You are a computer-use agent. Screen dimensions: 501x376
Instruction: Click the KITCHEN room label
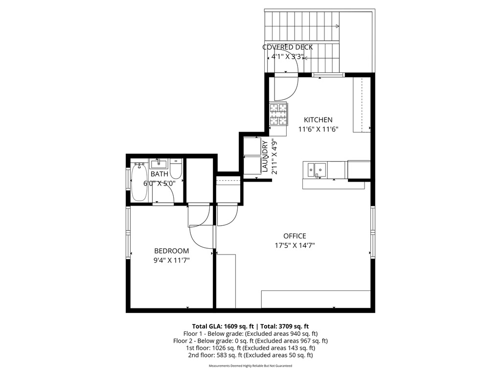318,120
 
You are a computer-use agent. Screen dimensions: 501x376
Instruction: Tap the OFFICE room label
295,236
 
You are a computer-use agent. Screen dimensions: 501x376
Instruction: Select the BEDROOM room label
172,251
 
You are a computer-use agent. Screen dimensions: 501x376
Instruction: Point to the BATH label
159,174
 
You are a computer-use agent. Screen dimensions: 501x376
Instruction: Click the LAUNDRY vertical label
265,157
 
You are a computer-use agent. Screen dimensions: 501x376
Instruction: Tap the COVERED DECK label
288,47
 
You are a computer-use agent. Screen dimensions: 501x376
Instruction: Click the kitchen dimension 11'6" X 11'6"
318,129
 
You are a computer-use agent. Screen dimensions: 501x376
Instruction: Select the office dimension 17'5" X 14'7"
295,246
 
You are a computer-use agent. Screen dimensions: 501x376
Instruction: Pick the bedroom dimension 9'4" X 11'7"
172,260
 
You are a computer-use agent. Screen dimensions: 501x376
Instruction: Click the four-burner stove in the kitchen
278,114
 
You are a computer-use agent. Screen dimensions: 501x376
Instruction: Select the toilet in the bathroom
176,168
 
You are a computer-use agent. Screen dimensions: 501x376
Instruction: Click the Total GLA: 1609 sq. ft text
223,327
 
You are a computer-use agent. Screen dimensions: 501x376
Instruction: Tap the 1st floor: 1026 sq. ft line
250,348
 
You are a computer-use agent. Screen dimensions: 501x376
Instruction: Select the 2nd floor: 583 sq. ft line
250,355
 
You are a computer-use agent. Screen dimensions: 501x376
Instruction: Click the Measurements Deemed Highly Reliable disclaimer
250,366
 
